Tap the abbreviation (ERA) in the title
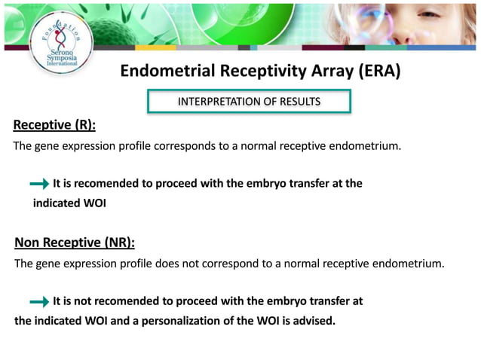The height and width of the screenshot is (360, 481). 372,72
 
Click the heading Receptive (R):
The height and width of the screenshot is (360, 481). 55,124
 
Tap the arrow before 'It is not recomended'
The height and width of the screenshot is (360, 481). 39,301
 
